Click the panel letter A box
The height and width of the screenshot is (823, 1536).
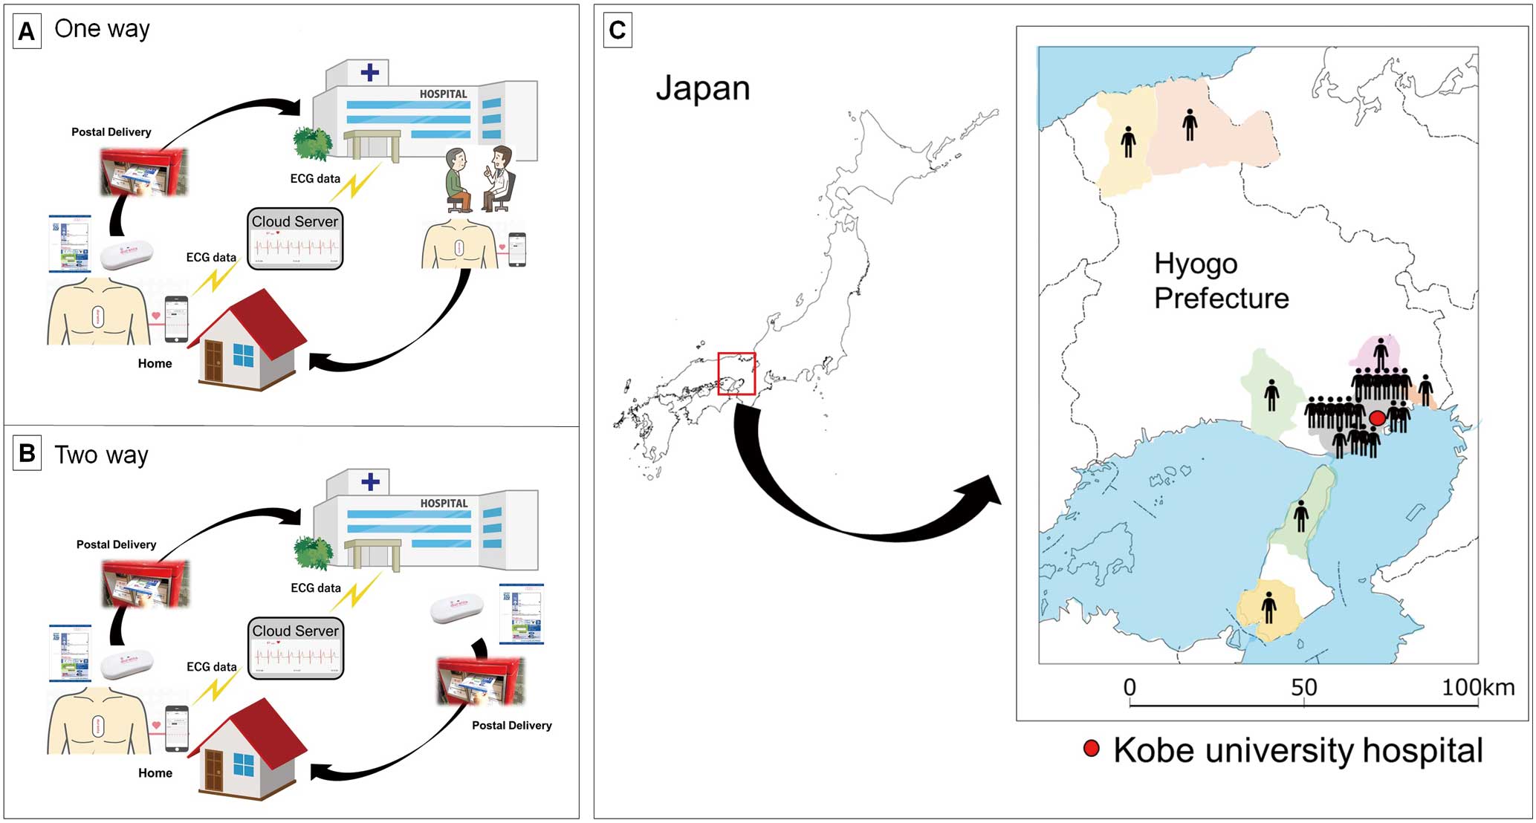[27, 32]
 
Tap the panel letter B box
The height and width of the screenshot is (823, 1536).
[27, 454]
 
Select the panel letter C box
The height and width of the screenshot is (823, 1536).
[618, 30]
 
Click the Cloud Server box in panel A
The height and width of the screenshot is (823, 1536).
[295, 238]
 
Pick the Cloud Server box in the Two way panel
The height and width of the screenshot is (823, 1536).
[296, 648]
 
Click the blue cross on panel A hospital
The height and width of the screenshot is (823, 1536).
[369, 72]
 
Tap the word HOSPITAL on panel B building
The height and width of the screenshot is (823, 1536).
[444, 503]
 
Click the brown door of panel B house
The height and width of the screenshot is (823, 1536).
[214, 770]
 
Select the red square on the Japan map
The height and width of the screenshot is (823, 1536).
[736, 374]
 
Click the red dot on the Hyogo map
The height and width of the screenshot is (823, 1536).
[1377, 418]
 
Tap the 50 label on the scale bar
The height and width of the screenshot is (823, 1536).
[1303, 687]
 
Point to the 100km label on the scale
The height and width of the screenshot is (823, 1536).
[1477, 687]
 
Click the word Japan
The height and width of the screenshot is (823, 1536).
[702, 88]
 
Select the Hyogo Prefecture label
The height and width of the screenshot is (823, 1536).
[1221, 281]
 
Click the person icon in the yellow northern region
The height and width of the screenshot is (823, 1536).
[1128, 141]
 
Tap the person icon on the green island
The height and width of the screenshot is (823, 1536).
[1300, 515]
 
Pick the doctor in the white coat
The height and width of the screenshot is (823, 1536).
[500, 178]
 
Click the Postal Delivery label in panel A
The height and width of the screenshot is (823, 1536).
[111, 131]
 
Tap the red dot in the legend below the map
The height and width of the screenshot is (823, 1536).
[1091, 748]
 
